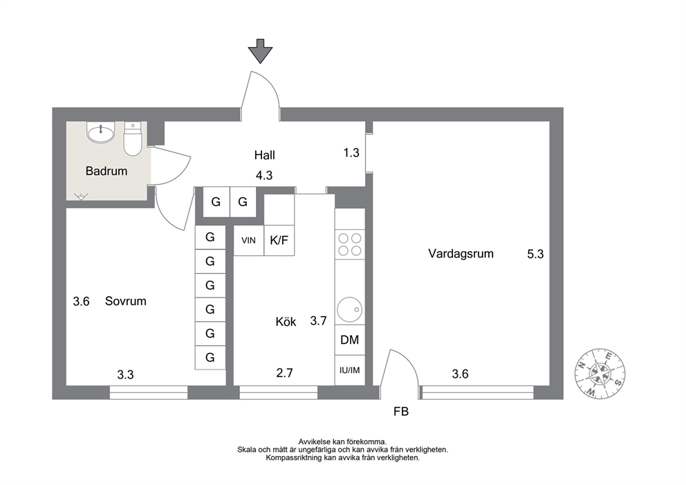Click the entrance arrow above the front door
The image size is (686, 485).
[260, 51]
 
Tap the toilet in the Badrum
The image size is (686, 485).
[133, 139]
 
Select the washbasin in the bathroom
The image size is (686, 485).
[101, 131]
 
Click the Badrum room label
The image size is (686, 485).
[106, 171]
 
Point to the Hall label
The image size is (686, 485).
[265, 155]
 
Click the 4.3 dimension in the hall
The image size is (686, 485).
[264, 176]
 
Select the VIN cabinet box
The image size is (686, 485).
[249, 240]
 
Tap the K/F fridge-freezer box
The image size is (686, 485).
[279, 240]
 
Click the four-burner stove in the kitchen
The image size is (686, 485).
[350, 244]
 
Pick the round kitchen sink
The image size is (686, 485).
[349, 309]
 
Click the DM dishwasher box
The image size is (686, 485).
[350, 340]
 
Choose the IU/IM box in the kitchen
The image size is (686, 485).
[350, 370]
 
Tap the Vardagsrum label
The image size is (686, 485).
[461, 254]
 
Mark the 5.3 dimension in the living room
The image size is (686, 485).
[535, 255]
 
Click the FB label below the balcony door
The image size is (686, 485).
[401, 412]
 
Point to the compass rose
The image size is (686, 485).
[600, 374]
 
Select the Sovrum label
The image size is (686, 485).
[126, 301]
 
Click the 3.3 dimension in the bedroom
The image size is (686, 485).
[125, 375]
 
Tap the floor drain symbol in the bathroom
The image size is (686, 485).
[81, 196]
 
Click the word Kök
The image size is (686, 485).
[286, 322]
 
